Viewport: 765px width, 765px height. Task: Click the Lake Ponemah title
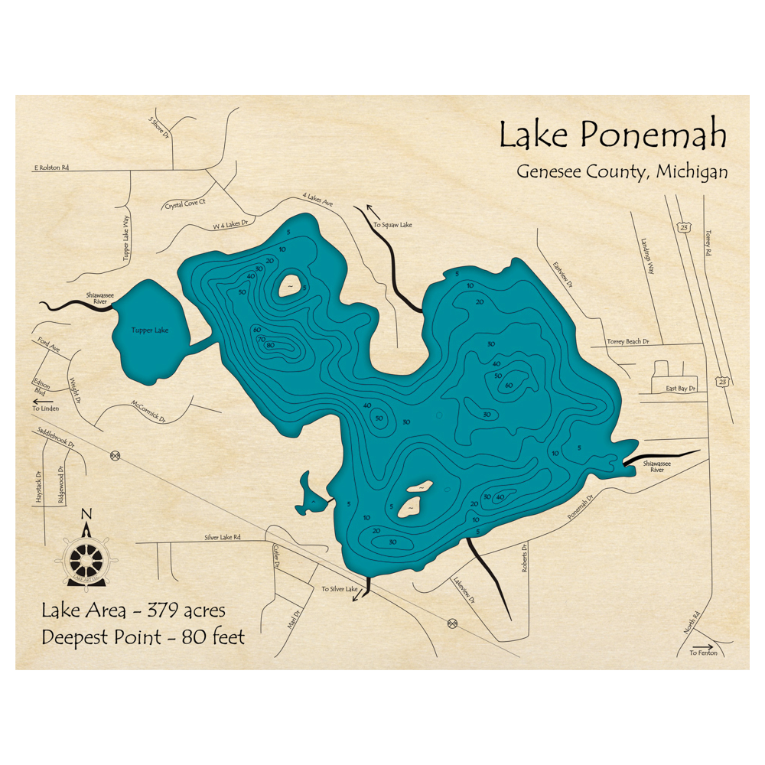612,135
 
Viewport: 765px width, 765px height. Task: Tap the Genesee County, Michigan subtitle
621,172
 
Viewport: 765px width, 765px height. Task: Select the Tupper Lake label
149,330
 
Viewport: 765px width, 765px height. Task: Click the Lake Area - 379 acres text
133,610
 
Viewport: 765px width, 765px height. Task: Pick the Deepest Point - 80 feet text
143,636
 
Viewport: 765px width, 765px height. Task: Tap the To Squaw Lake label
392,225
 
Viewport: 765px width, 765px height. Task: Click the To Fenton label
703,653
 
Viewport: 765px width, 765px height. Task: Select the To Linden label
45,409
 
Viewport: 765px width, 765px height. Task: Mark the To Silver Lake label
339,589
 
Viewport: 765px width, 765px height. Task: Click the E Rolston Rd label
62,166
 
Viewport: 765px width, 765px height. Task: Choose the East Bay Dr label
680,389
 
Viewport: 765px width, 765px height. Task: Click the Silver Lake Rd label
222,538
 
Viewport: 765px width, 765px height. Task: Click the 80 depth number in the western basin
270,345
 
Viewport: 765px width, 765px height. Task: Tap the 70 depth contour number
260,339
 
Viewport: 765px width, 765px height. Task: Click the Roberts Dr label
525,558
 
